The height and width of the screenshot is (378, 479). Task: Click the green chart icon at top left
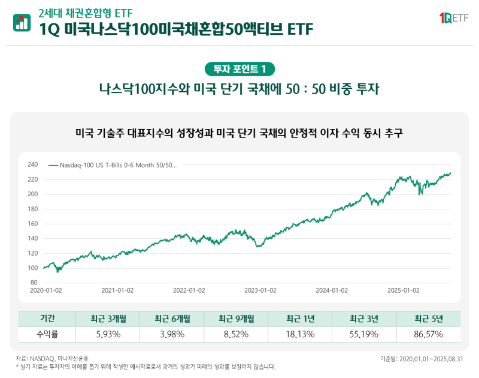click(x=22, y=22)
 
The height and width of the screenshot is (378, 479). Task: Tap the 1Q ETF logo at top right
click(x=453, y=19)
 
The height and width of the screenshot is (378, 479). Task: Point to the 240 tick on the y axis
click(x=33, y=164)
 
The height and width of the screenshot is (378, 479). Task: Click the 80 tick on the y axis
click(x=34, y=282)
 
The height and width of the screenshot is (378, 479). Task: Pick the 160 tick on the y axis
click(x=33, y=223)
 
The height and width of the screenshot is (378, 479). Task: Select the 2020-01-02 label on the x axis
click(x=46, y=290)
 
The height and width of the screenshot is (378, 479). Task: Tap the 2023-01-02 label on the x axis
click(x=260, y=290)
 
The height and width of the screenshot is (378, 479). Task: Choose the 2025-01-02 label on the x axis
click(x=403, y=290)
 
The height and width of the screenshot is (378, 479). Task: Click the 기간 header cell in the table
click(x=47, y=319)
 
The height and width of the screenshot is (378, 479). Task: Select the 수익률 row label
click(x=47, y=334)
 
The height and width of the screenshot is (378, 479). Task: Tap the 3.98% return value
click(x=172, y=334)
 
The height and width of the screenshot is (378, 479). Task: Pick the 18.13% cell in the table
click(x=300, y=334)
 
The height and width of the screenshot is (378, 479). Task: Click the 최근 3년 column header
click(x=364, y=319)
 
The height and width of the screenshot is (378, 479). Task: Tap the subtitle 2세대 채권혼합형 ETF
click(x=85, y=13)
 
